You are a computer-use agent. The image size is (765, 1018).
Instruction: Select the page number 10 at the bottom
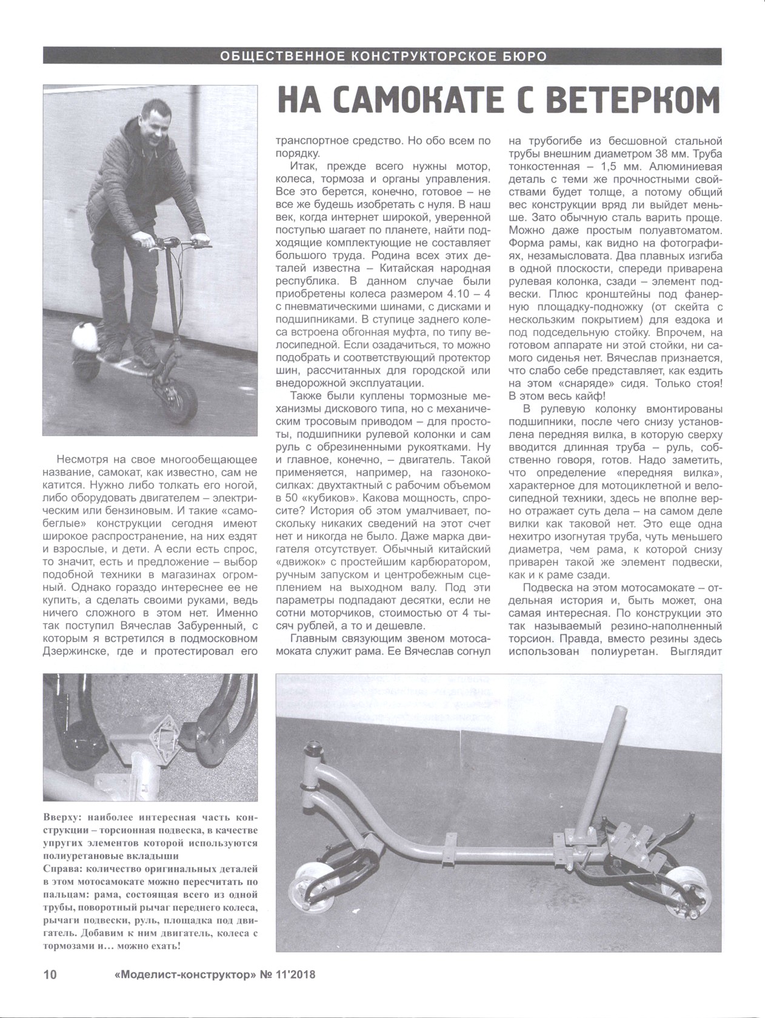tap(50, 975)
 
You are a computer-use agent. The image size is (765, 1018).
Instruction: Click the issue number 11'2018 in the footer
tap(294, 975)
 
